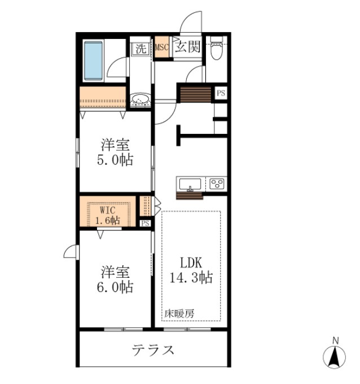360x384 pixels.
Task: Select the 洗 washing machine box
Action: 140,49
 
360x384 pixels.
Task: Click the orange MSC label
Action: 163,47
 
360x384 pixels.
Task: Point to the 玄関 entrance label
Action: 187,47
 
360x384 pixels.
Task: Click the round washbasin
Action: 140,101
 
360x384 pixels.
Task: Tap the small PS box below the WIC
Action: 146,223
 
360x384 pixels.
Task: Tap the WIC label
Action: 108,208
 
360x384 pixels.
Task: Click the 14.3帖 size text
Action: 191,278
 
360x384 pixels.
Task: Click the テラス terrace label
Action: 153,350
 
